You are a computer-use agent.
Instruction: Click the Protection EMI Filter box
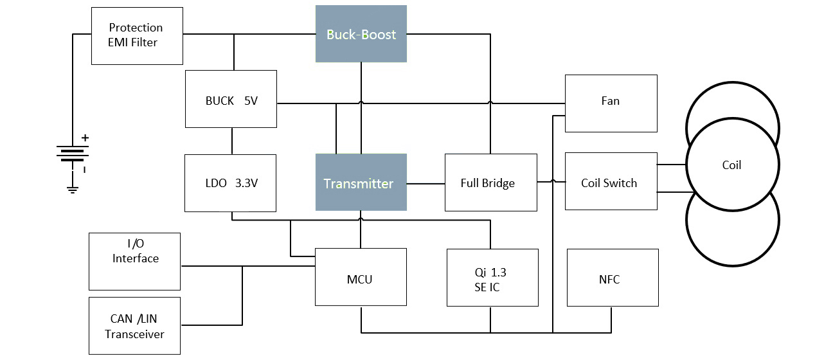click(x=137, y=36)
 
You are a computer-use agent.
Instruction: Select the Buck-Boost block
click(x=361, y=34)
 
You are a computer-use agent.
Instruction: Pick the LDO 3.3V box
click(x=230, y=183)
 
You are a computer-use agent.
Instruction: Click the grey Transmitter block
click(x=361, y=183)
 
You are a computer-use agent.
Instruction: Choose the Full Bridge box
click(x=490, y=183)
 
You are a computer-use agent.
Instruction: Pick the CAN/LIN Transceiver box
click(x=135, y=325)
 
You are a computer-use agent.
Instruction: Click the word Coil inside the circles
click(x=731, y=165)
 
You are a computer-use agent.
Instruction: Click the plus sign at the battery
click(x=84, y=138)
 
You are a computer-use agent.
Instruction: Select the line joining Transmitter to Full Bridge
click(x=425, y=183)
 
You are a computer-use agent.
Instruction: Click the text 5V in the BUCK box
click(x=251, y=101)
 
